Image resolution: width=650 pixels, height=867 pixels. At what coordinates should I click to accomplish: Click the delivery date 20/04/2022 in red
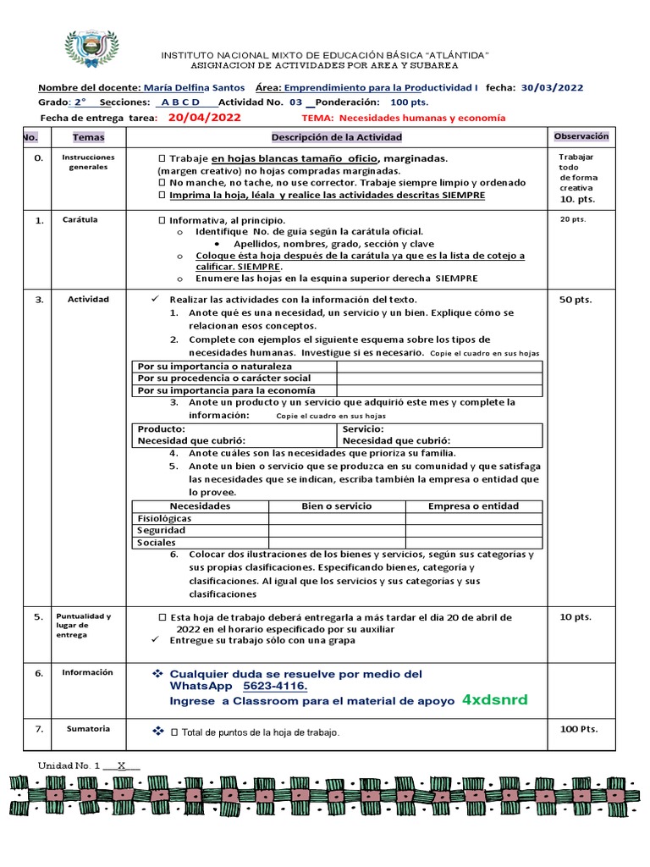203,118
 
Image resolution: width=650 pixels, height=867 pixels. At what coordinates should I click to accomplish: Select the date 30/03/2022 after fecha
552,87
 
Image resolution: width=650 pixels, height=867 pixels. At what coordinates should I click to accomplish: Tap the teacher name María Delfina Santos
195,87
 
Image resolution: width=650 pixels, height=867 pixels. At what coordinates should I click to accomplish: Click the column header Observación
581,136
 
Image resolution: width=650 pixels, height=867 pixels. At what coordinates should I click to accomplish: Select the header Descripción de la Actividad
337,137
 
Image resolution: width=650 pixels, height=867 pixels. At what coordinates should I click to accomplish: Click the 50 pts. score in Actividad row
576,299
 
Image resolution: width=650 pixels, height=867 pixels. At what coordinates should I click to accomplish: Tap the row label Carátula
80,219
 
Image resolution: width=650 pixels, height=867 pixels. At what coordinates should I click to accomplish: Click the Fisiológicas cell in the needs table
164,518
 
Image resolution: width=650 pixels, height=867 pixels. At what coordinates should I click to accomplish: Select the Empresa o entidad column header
473,506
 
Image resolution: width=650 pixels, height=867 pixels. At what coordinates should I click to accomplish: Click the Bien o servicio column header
336,506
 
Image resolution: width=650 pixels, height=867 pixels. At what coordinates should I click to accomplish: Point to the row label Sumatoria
89,728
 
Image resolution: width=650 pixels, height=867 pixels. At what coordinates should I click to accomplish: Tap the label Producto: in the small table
162,429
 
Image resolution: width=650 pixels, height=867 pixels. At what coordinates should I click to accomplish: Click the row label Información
87,672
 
